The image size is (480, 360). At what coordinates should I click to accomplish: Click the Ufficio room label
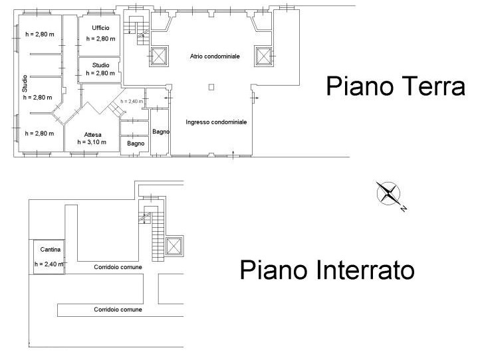(x=100, y=28)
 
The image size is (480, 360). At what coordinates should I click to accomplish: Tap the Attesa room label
(x=93, y=135)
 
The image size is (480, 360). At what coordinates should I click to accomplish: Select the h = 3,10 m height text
(x=92, y=142)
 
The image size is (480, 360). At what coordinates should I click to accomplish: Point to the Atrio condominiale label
(x=215, y=56)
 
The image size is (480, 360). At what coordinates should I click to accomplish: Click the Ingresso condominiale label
(x=216, y=122)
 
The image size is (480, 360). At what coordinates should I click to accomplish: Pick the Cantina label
(x=51, y=250)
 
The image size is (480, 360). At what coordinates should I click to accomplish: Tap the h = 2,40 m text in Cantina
(x=49, y=264)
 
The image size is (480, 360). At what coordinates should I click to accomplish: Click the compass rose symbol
(x=388, y=193)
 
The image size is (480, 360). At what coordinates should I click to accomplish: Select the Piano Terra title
(x=396, y=86)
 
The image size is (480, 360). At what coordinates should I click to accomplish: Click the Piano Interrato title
(x=327, y=270)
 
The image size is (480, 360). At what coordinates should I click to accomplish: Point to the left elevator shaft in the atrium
(x=159, y=56)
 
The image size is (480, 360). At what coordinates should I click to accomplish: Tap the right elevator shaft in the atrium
(x=263, y=56)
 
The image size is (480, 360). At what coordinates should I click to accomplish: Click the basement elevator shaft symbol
(x=174, y=246)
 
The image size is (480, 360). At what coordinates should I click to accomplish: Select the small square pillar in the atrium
(x=211, y=87)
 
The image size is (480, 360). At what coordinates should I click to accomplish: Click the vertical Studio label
(x=25, y=84)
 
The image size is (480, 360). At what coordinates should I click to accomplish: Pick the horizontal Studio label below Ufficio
(x=100, y=65)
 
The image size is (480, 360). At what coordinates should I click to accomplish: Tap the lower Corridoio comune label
(x=118, y=310)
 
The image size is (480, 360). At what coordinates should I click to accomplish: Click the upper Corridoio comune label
(x=118, y=267)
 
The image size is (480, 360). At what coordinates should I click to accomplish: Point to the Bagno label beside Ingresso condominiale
(x=161, y=132)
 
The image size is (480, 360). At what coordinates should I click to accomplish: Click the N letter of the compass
(x=404, y=209)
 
